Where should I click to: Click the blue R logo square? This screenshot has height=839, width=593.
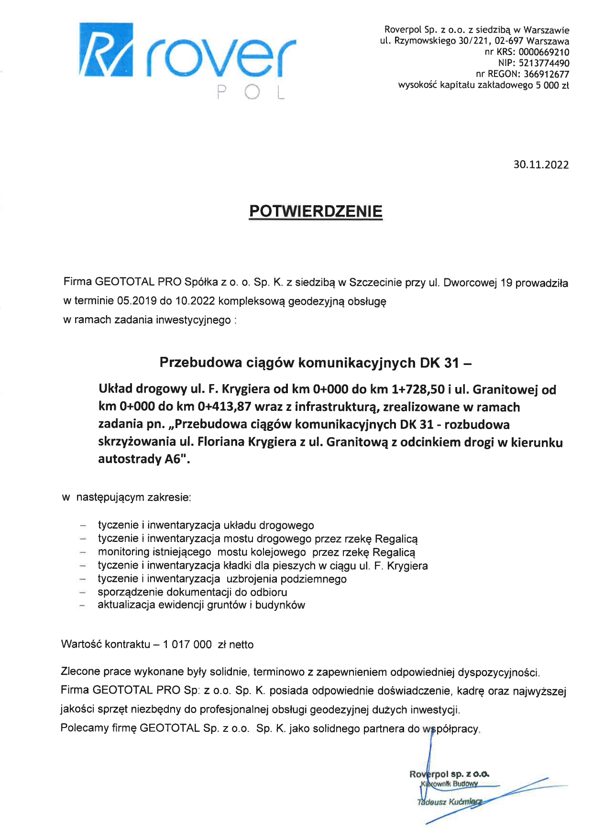[x=106, y=49]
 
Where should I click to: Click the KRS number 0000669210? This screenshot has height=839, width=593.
[x=544, y=52]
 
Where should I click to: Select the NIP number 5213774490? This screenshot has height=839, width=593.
[x=544, y=63]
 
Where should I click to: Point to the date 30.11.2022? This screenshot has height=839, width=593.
[x=541, y=165]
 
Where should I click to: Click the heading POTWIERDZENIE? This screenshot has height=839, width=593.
[x=316, y=211]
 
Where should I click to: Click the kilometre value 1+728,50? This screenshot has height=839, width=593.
[x=418, y=389]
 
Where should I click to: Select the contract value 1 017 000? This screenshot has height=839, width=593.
[x=187, y=645]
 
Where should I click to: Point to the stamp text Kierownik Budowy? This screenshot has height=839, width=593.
[x=450, y=784]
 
